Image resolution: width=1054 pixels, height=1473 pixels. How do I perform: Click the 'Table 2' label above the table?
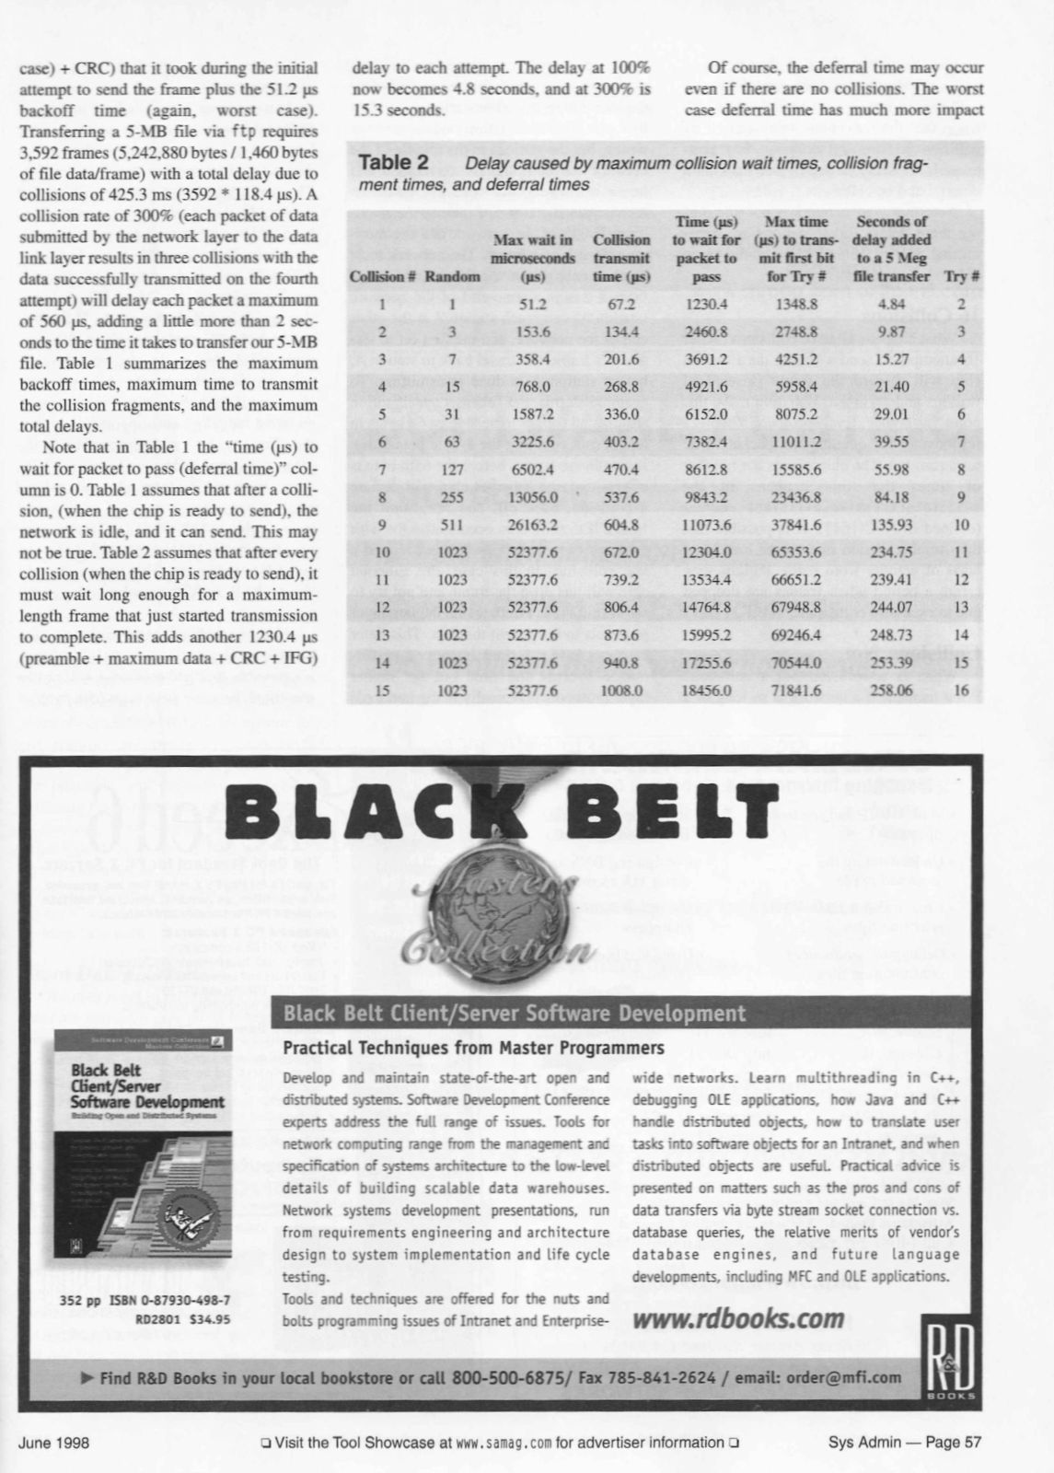pyautogui.click(x=392, y=163)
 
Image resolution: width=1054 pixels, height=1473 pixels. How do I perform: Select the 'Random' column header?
pyautogui.click(x=458, y=276)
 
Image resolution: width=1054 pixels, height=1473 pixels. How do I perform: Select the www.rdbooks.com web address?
pyautogui.click(x=739, y=1318)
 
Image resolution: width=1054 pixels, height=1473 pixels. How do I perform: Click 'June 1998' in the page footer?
pyautogui.click(x=53, y=1443)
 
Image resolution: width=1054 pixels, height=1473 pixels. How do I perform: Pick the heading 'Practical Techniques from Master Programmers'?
pyautogui.click(x=473, y=1049)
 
